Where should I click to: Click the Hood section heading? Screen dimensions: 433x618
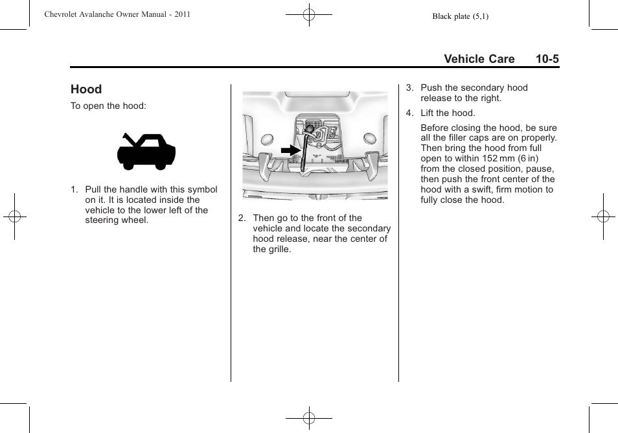pos(86,89)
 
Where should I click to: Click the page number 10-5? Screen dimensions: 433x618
pos(547,59)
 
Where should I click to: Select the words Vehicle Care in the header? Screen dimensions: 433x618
pos(479,59)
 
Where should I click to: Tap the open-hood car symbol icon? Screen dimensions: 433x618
pos(146,151)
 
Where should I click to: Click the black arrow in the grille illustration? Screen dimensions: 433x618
pos(291,150)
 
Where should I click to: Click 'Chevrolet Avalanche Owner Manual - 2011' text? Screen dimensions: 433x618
pos(117,14)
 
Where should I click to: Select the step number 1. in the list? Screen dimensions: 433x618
pos(74,189)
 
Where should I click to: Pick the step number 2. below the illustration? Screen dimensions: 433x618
pos(242,218)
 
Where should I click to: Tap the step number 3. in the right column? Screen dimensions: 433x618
pos(409,88)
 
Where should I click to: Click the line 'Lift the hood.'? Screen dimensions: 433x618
pos(448,113)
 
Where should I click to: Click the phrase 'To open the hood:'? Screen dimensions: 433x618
pos(108,106)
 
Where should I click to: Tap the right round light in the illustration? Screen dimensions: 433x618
pos(370,137)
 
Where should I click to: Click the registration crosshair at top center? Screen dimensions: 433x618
pos(309,15)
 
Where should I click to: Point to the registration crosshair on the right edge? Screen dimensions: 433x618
pos(603,216)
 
